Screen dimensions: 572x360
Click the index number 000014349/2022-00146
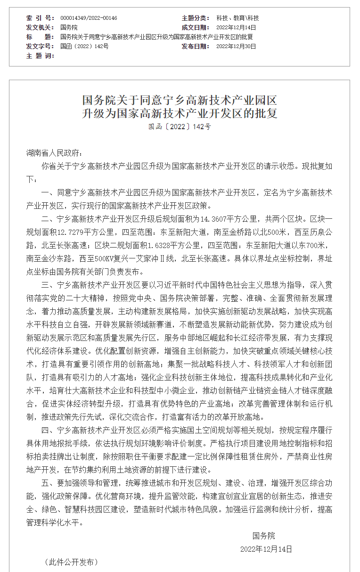[89, 18]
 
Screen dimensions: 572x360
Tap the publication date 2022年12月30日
[236, 46]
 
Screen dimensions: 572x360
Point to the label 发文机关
[41, 27]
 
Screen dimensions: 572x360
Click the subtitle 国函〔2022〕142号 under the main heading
[180, 127]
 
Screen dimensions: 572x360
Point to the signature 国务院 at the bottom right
[263, 536]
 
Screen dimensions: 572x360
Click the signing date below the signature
[266, 549]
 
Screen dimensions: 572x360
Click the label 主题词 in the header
[41, 56]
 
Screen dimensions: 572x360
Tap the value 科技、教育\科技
[237, 18]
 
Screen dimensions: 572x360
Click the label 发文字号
[41, 46]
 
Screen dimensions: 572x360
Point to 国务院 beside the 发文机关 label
[69, 27]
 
